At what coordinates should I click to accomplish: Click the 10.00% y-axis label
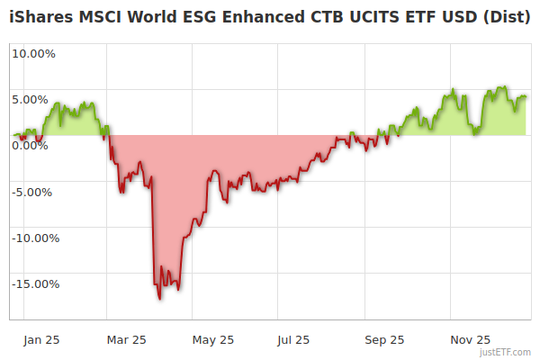pos(33,53)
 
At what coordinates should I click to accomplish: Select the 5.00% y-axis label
pos(33,99)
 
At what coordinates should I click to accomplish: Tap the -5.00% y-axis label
pos(33,192)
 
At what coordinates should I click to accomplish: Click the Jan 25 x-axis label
pos(40,340)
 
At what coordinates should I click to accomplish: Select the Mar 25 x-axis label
pos(126,340)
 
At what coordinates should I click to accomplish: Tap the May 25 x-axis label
pos(213,340)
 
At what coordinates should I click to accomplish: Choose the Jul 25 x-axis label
pos(293,340)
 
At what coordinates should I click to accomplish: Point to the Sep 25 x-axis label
pos(384,340)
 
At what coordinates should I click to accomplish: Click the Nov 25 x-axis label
pos(470,340)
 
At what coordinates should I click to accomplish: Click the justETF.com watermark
pos(506,352)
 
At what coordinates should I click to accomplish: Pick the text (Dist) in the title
pos(505,15)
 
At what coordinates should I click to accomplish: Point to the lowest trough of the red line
pos(159,298)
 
